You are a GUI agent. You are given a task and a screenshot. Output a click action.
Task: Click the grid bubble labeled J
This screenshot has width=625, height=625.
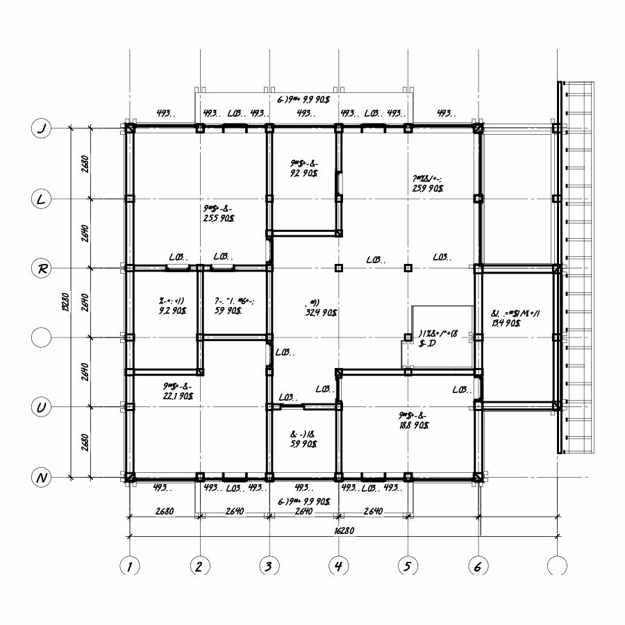click(42, 128)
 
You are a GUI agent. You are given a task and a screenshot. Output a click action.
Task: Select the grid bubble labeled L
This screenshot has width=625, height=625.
click(42, 199)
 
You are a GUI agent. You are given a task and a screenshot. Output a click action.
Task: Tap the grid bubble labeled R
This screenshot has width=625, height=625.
click(42, 269)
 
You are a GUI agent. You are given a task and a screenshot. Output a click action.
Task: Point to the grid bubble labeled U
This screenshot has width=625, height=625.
click(42, 408)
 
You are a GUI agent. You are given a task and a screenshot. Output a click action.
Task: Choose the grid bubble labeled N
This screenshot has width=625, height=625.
click(42, 478)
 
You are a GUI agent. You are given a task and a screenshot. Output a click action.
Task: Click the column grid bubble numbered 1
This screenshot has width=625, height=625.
click(129, 566)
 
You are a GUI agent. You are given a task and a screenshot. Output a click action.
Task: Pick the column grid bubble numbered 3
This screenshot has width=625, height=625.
click(269, 566)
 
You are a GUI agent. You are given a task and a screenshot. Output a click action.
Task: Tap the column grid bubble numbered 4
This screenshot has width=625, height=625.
click(338, 566)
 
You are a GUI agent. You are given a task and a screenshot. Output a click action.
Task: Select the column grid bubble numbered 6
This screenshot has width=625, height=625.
click(478, 566)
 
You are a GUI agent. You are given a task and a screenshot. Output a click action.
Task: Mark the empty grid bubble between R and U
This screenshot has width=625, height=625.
click(42, 338)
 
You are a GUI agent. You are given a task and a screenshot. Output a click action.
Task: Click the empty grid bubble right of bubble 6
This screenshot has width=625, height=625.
click(556, 566)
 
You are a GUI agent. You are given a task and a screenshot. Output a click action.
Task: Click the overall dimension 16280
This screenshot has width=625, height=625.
click(341, 530)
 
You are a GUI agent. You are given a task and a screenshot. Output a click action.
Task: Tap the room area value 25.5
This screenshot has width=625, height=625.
click(219, 218)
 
